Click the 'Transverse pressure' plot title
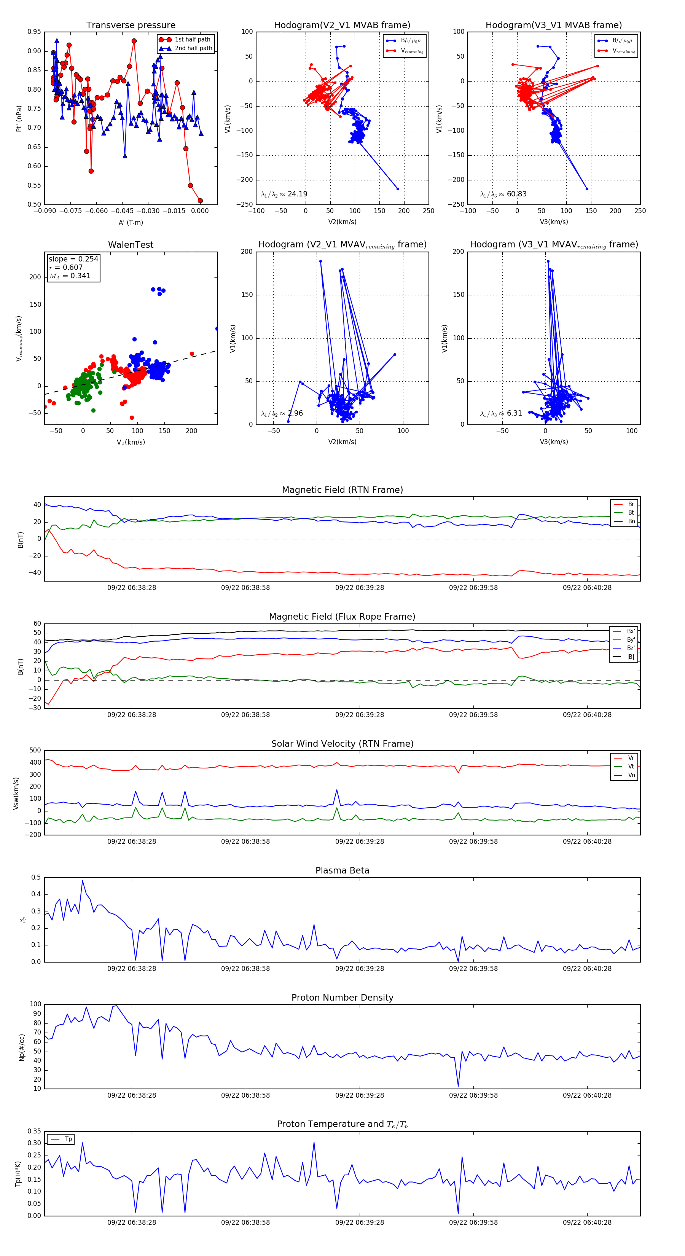point(131,26)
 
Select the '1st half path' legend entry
point(192,40)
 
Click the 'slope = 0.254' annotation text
point(73,259)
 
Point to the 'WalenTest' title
point(131,245)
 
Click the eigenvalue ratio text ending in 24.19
point(284,194)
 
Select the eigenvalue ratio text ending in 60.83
point(503,194)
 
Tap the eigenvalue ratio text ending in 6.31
point(501,413)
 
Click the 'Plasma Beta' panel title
point(342,871)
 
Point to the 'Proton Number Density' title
point(342,998)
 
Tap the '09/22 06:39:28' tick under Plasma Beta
point(359,969)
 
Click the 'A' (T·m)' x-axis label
point(131,223)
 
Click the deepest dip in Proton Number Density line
point(458,1086)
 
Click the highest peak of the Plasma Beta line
point(82,881)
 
